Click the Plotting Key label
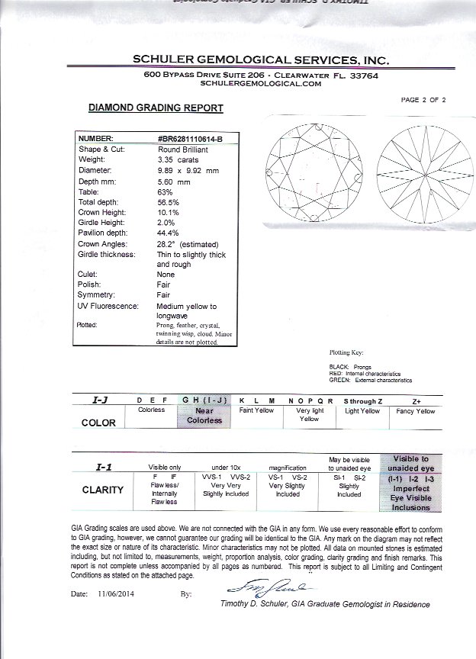tap(346, 352)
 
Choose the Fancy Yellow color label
tap(416, 411)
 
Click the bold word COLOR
tap(98, 423)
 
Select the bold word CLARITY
tap(103, 490)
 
